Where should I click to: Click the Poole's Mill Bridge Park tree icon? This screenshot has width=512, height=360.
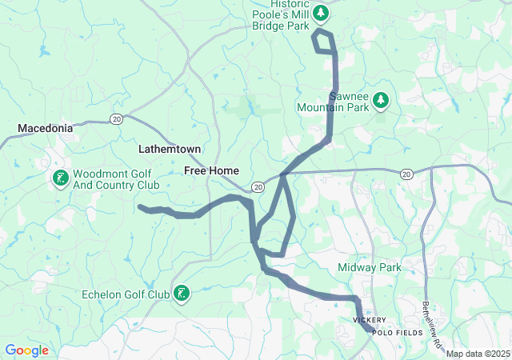coord(321,13)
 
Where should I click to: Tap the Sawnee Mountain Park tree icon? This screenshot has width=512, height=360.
coord(382,99)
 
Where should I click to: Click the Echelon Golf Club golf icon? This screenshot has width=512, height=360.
coord(182,294)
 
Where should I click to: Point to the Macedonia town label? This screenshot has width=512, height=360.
coord(46,128)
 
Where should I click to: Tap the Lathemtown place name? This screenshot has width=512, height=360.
coord(170,150)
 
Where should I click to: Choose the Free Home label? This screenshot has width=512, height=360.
coord(212,170)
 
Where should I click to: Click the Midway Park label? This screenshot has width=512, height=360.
coord(369,267)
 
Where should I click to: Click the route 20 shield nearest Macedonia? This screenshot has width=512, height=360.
coord(116,119)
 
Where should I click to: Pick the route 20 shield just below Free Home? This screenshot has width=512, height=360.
coord(258,186)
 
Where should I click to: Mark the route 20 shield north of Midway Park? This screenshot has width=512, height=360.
coord(406,173)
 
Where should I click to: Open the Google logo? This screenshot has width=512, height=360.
coord(26,350)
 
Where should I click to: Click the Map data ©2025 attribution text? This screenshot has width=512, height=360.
coord(478,354)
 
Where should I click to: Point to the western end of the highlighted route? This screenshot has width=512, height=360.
coord(141,207)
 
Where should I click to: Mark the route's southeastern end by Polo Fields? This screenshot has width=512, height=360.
coord(369,328)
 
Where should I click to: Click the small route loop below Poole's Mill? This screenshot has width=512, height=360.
coord(324,42)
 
